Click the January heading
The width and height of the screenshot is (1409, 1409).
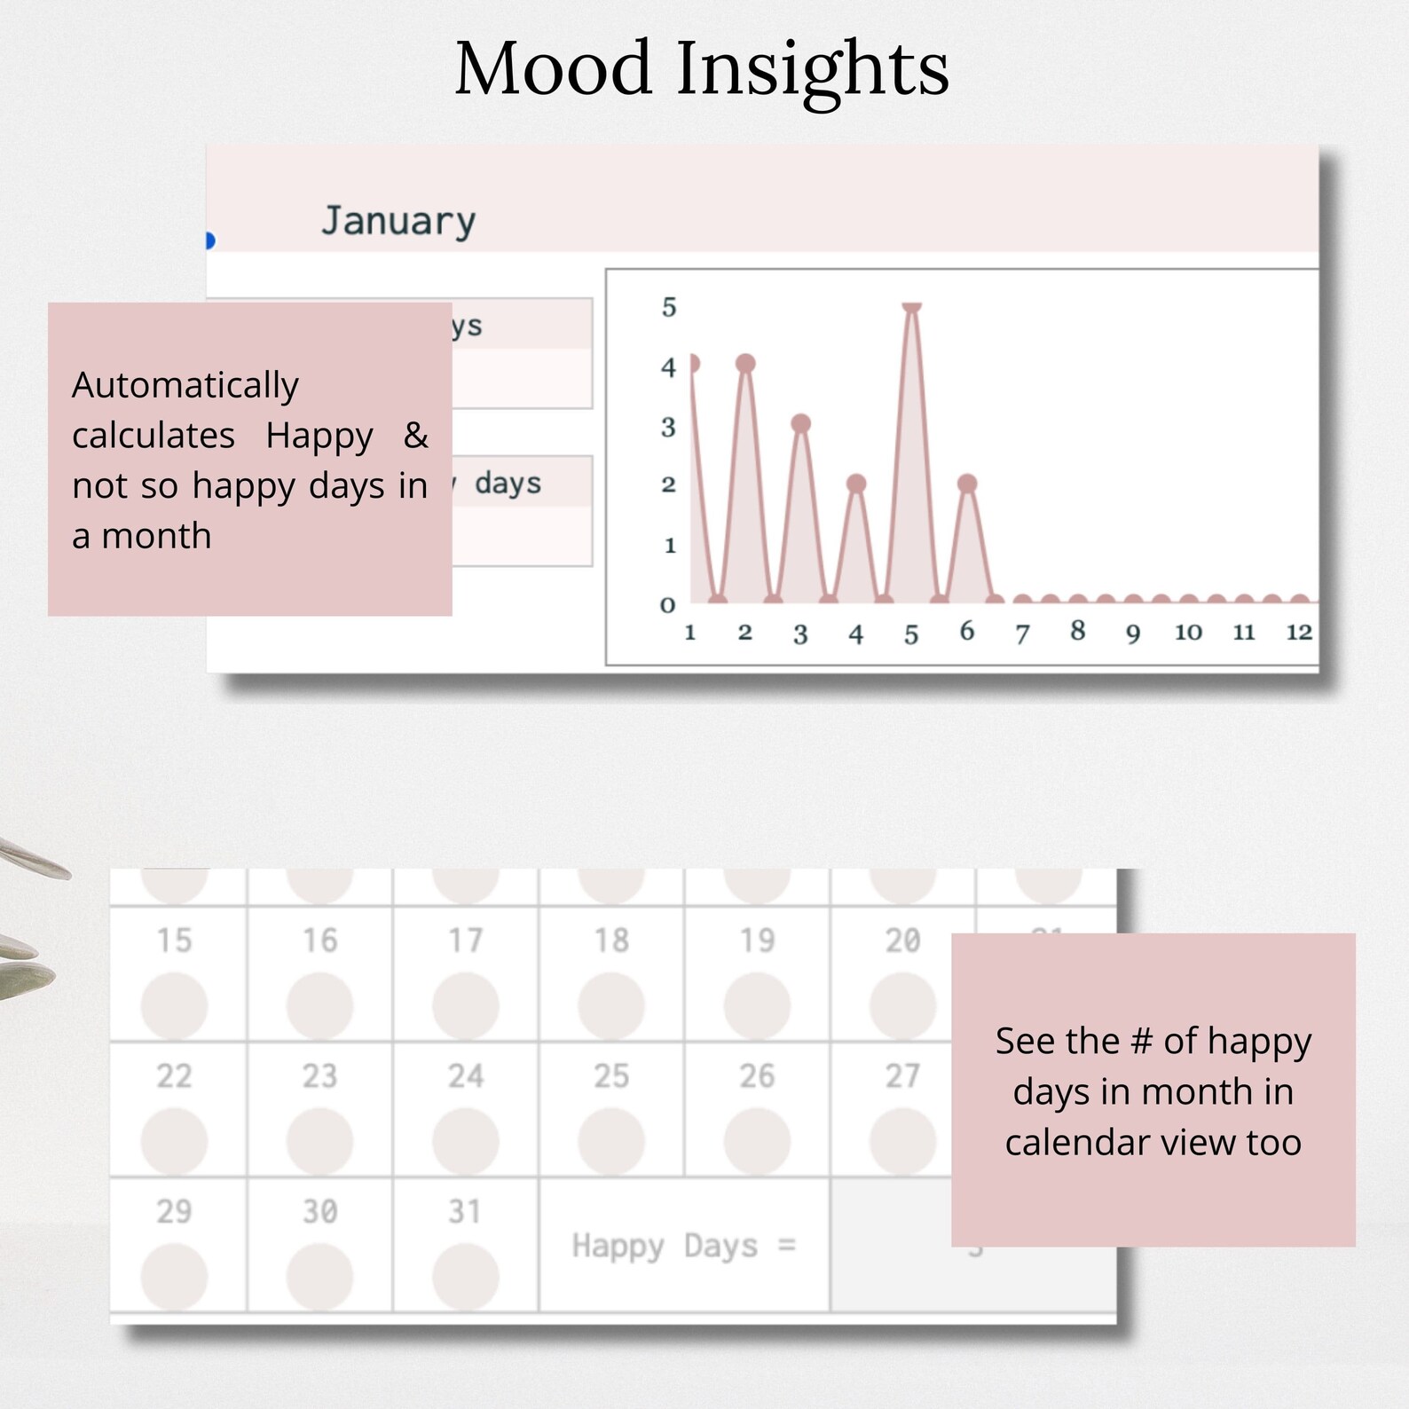coord(398,221)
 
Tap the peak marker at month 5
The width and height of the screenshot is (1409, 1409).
coord(911,307)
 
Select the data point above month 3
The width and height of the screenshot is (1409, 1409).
coord(800,423)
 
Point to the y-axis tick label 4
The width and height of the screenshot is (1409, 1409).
coord(668,367)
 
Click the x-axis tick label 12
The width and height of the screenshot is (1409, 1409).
coord(1299,632)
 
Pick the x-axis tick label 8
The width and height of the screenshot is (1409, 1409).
coord(1077,631)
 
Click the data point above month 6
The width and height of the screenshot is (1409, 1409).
coord(967,484)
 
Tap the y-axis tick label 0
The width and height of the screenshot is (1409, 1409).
coord(668,605)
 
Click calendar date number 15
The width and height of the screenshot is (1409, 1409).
coord(174,941)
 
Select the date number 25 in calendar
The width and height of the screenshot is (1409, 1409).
coord(611,1076)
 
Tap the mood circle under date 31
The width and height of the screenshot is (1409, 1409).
coord(465,1276)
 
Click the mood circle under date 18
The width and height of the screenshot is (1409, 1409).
coord(611,1006)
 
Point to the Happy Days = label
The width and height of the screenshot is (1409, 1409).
coord(683,1246)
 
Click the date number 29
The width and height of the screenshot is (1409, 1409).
coord(174,1211)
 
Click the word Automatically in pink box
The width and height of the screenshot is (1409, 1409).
coord(185,385)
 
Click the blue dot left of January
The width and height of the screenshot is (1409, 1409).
coord(209,240)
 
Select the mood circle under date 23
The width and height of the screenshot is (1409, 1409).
coord(319,1141)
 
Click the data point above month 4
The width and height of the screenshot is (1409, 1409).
coord(855,484)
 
